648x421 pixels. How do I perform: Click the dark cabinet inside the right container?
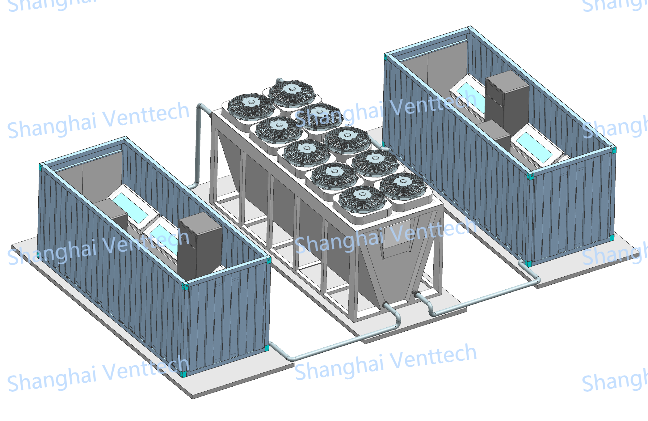507,102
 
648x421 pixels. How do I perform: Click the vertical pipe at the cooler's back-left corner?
198,145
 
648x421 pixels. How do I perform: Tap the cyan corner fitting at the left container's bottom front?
183,374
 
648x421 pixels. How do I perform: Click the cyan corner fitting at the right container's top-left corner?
385,57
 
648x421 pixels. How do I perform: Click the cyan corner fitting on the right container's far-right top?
614,150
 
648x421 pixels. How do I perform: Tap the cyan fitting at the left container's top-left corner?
41,167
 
